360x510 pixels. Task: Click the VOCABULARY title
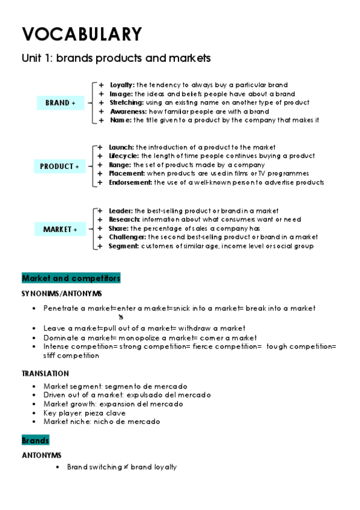82,34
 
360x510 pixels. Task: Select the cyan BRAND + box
60,103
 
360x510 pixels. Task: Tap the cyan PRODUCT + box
59,166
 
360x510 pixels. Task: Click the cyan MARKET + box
60,229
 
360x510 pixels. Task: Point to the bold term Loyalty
122,85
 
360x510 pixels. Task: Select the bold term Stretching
126,103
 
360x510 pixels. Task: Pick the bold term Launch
121,147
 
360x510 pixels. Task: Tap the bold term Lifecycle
124,156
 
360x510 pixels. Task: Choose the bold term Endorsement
130,182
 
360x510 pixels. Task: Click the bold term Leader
121,211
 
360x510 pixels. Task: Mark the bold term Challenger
127,237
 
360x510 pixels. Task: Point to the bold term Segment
124,246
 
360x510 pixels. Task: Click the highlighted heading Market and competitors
71,278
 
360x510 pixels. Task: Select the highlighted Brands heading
35,441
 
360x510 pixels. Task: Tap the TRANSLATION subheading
45,373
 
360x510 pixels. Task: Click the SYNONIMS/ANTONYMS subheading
61,293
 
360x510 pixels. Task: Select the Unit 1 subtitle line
116,58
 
